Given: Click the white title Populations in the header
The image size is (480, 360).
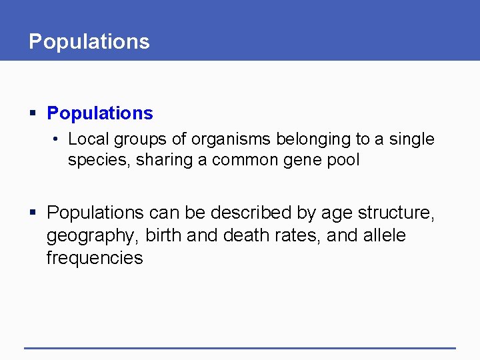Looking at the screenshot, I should click(89, 41).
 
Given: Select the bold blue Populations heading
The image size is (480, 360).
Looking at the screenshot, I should click(100, 113).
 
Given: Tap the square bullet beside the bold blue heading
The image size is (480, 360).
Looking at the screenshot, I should click(33, 114).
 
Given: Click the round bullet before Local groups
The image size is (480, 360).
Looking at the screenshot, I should click(57, 139).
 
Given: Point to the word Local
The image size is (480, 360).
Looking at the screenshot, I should click(89, 139).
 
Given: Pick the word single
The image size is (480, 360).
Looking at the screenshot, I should click(411, 139).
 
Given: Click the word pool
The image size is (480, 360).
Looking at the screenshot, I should click(343, 161).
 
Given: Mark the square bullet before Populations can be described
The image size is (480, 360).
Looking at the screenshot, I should click(33, 213).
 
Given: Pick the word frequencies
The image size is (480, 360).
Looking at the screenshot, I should click(95, 258).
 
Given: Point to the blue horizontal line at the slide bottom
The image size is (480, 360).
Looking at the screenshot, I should click(240, 347).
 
